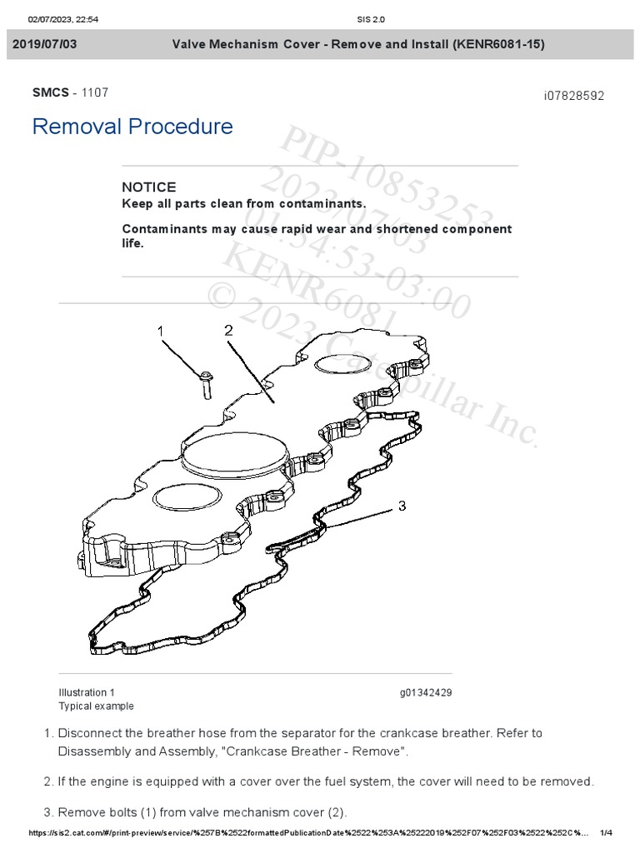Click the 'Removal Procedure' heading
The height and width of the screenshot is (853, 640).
pos(132,127)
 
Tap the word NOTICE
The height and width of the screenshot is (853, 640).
pos(149,187)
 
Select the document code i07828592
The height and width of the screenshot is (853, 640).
pos(573,96)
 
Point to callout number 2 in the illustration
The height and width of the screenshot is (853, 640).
pos(228,330)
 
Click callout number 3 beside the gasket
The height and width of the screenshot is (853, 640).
pos(402,506)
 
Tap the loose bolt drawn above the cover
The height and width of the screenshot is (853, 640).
pos(206,383)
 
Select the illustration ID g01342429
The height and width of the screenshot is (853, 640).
pos(426,692)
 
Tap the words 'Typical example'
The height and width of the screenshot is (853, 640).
pos(96,706)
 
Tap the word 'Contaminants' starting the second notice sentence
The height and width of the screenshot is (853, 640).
pos(162,229)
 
